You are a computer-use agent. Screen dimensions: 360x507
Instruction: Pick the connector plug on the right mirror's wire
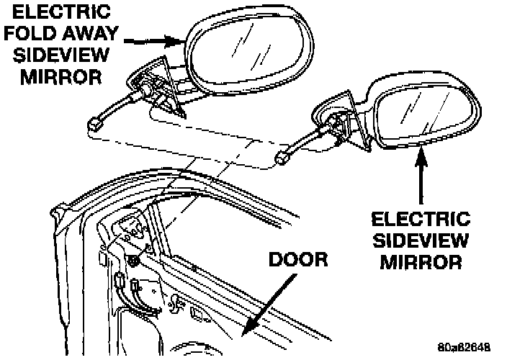[283, 154]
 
